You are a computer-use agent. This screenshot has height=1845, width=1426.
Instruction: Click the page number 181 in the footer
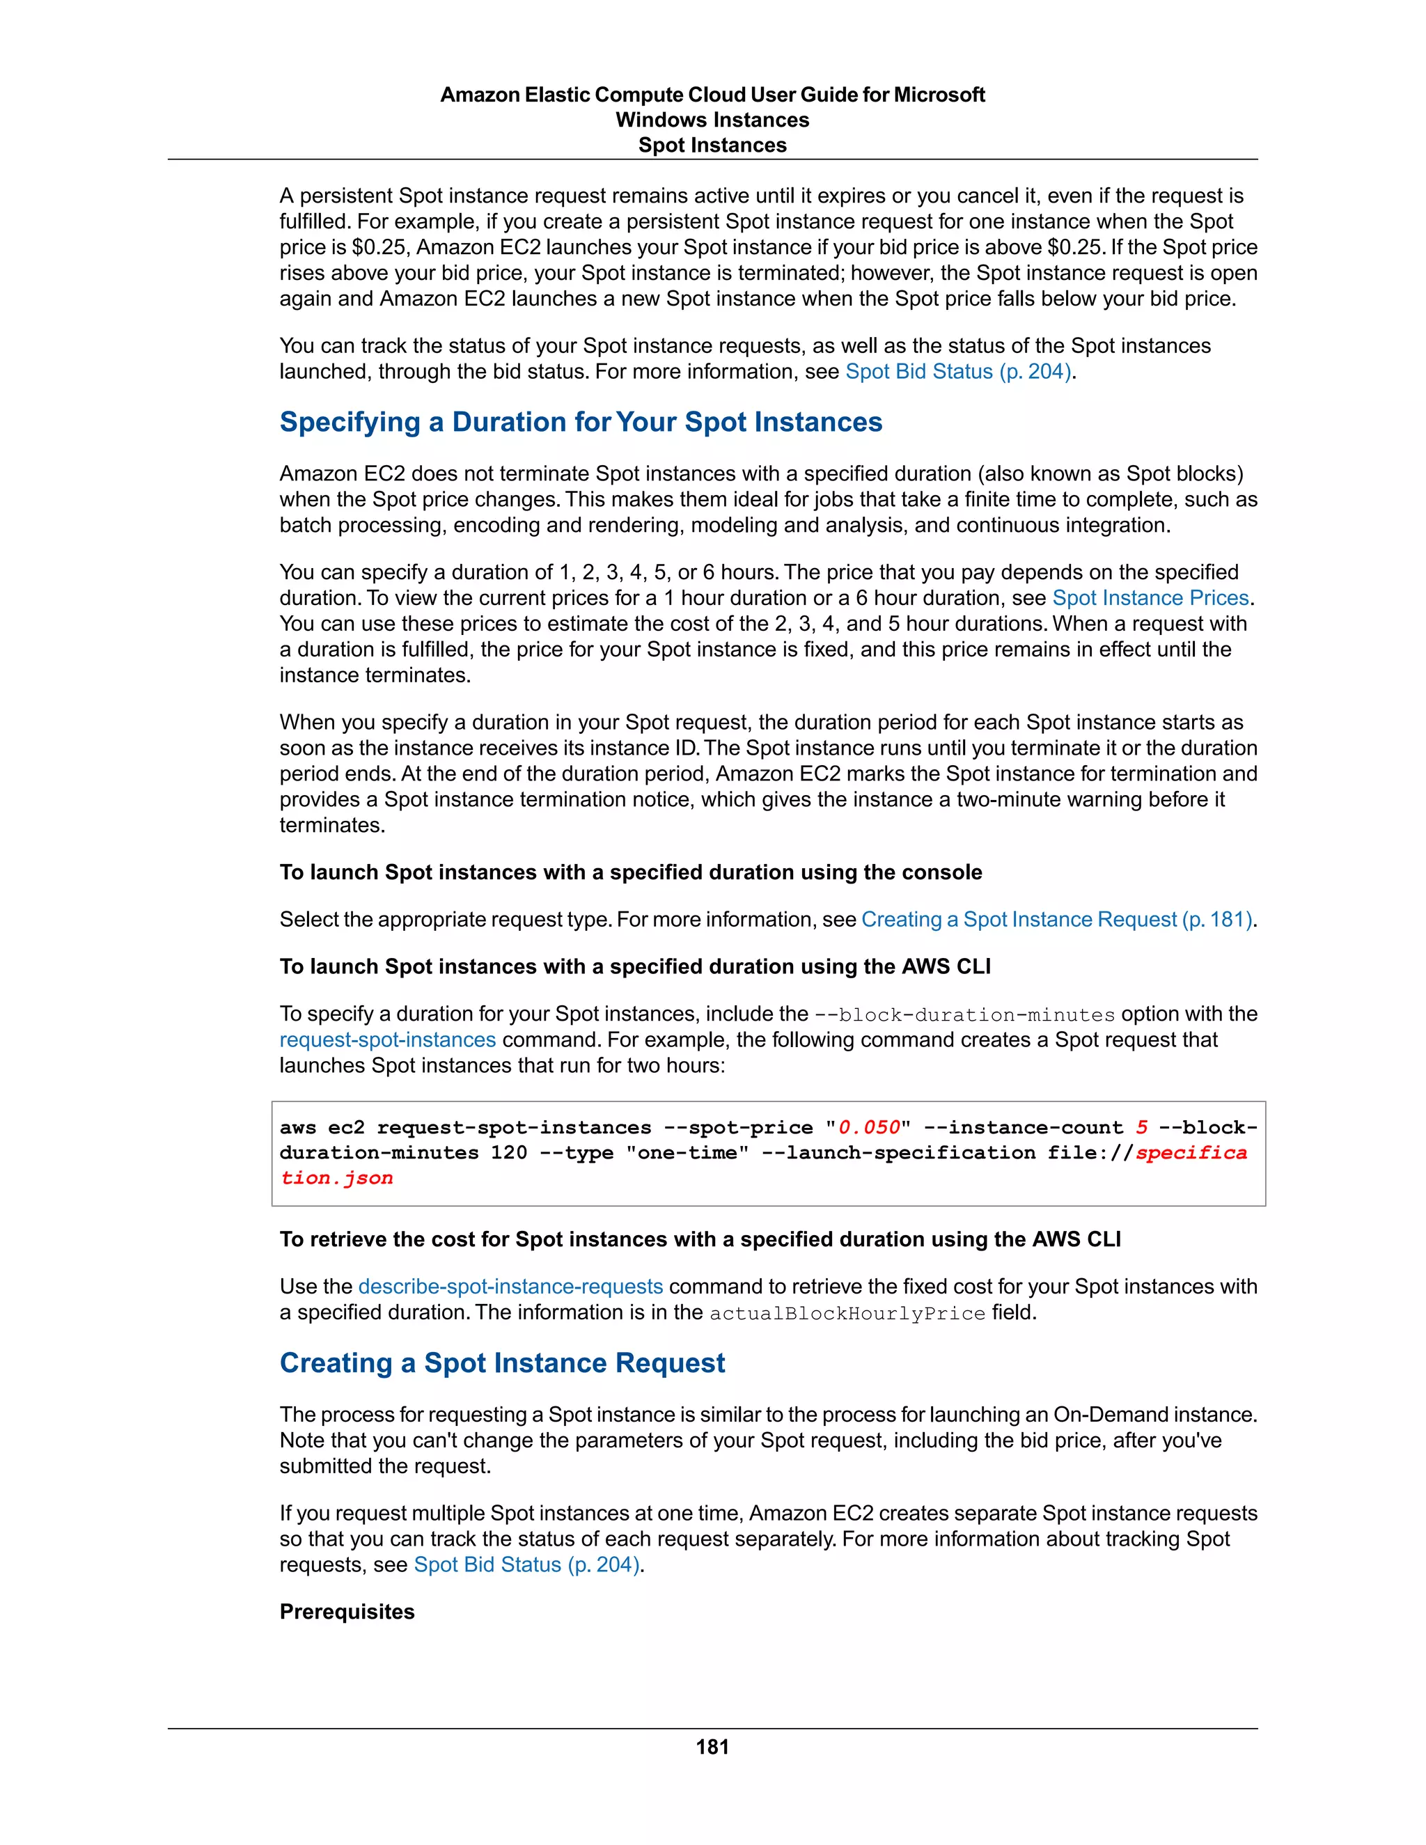pos(712,1747)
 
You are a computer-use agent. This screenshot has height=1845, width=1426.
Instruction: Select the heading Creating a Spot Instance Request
pos(502,1363)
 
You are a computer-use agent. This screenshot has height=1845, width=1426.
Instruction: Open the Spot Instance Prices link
pos(1150,598)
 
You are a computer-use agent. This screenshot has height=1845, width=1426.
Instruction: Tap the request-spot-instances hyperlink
pos(388,1040)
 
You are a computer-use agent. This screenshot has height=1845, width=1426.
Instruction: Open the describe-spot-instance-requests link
pos(510,1287)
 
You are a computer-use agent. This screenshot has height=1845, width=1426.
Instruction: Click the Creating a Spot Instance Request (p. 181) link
pos(1056,919)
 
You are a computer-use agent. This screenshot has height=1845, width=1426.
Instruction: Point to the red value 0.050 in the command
pos(868,1128)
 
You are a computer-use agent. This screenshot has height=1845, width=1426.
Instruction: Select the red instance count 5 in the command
pos(1141,1128)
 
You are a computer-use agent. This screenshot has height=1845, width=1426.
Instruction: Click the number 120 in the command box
pos(508,1153)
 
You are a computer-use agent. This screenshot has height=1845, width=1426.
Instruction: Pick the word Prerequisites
pos(347,1612)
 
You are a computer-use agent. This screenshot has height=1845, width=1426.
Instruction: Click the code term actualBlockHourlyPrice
pos(847,1314)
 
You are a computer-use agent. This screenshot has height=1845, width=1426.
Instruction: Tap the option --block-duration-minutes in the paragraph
pos(964,1014)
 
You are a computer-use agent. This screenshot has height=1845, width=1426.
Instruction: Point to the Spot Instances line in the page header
pos(712,146)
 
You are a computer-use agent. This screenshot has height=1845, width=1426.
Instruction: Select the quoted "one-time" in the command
pos(687,1153)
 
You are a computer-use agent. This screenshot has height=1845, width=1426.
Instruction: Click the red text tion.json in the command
pos(336,1179)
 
